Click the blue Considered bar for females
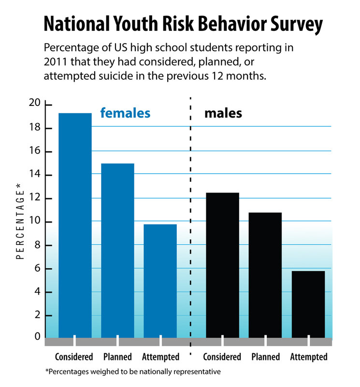75,225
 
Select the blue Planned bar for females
117,250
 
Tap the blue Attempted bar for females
160,281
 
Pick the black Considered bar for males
222,265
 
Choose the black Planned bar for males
265,275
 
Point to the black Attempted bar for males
308,304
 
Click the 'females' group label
125,114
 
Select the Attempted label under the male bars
309,357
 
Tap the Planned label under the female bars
117,357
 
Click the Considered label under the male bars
222,357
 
